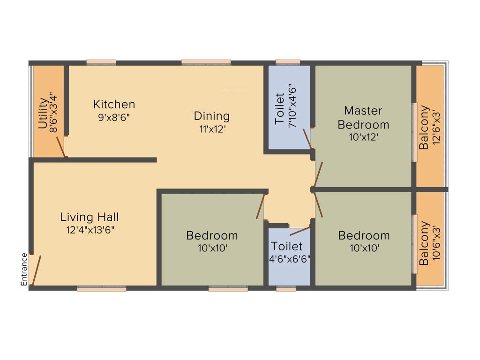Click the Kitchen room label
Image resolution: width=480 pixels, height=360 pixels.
tap(114, 104)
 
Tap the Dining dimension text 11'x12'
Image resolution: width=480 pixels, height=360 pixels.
tap(212, 129)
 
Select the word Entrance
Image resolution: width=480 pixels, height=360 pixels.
tap(24, 269)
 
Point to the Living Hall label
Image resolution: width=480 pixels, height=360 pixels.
tap(90, 217)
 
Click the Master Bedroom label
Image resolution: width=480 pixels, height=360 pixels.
tap(363, 118)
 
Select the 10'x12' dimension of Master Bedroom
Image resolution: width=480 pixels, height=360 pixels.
tap(363, 137)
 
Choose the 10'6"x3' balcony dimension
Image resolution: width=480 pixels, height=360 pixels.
tap(437, 244)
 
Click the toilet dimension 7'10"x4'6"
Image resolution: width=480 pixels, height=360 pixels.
tap(292, 105)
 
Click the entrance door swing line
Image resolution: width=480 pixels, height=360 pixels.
tap(36, 270)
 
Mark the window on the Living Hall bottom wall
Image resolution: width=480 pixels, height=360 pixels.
tap(102, 289)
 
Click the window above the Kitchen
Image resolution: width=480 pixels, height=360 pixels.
tap(101, 62)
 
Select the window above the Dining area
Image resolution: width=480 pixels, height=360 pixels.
tap(206, 62)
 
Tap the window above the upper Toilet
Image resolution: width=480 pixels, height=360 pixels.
tap(288, 61)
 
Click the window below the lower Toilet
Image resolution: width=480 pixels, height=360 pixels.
tap(286, 289)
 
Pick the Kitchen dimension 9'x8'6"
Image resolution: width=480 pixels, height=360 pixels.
tap(114, 117)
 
